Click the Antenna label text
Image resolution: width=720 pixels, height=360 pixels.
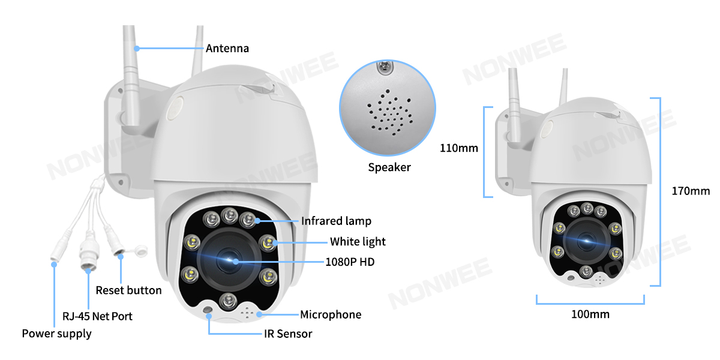tap(227, 49)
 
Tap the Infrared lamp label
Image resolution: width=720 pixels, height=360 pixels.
tap(336, 221)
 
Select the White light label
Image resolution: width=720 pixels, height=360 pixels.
tap(358, 242)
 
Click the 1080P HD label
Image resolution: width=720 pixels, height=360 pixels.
tap(350, 262)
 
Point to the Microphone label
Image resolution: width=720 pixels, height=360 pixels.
tap(331, 314)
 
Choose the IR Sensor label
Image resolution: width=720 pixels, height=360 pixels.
tap(288, 334)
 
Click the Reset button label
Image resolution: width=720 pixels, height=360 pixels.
tap(128, 290)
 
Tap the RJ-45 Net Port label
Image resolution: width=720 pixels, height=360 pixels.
tap(97, 316)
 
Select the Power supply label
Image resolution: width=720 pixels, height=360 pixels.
tap(56, 334)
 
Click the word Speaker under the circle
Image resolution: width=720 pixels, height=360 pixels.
tap(389, 167)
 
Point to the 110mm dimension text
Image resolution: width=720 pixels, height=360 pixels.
tap(458, 148)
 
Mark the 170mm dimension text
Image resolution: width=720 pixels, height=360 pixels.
tap(691, 191)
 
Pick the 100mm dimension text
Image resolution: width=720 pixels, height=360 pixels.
tap(590, 314)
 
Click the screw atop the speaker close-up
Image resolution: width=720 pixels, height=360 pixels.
tap(385, 67)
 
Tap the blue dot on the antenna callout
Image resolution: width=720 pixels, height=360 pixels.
tap(137, 49)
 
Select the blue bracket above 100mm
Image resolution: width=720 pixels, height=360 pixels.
tap(590, 303)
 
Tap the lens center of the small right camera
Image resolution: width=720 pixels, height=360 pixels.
tap(586, 241)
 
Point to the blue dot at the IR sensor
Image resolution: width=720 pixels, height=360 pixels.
tap(209, 316)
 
